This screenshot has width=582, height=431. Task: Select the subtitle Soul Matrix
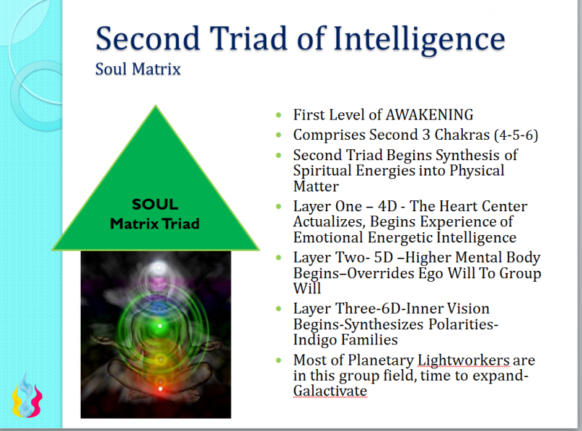point(137,70)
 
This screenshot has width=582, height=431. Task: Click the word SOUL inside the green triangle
point(154,205)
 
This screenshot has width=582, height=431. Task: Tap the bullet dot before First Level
point(280,115)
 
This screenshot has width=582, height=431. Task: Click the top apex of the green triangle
point(155,106)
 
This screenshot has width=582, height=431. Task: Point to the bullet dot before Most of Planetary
point(280,360)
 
